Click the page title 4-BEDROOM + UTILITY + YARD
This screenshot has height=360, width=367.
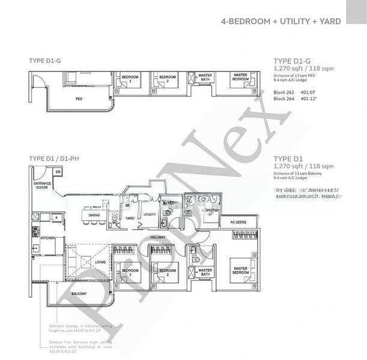pyautogui.click(x=281, y=21)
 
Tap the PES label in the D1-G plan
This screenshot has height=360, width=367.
pyautogui.click(x=79, y=98)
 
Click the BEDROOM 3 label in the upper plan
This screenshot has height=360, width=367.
pyautogui.click(x=130, y=79)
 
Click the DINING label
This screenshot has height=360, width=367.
pyautogui.click(x=94, y=215)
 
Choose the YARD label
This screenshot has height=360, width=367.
pyautogui.click(x=130, y=226)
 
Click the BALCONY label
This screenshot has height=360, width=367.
pyautogui.click(x=79, y=293)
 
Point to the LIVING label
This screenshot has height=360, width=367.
pyautogui.click(x=100, y=262)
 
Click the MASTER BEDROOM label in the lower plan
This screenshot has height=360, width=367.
pyautogui.click(x=241, y=271)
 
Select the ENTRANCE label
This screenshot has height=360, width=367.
pyautogui.click(x=43, y=184)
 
